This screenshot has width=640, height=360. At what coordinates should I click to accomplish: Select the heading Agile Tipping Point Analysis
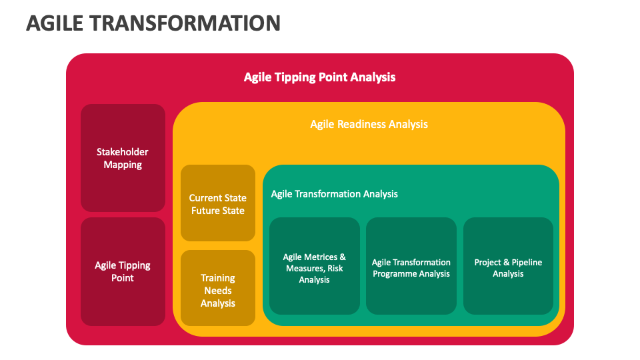(x=319, y=77)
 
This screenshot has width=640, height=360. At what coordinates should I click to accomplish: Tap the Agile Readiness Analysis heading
(x=369, y=124)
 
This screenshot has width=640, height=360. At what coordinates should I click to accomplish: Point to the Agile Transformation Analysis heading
(x=334, y=194)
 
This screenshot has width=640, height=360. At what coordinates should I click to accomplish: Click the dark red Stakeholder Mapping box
(x=123, y=158)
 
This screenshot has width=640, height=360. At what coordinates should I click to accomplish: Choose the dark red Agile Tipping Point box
(x=123, y=271)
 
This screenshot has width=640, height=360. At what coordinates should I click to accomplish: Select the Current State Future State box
(x=218, y=203)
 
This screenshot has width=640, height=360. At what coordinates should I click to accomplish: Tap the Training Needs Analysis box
(x=218, y=290)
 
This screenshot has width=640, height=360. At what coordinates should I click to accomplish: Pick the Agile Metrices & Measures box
(x=315, y=268)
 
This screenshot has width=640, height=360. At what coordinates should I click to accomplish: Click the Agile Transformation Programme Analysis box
(x=411, y=268)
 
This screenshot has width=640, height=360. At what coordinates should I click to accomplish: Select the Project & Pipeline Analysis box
(x=508, y=268)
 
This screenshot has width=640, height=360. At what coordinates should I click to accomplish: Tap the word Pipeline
(x=526, y=263)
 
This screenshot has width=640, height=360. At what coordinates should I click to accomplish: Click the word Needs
(x=218, y=291)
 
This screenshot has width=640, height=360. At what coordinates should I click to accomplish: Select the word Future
(x=203, y=211)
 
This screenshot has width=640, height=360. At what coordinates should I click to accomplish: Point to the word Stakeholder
(x=123, y=152)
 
